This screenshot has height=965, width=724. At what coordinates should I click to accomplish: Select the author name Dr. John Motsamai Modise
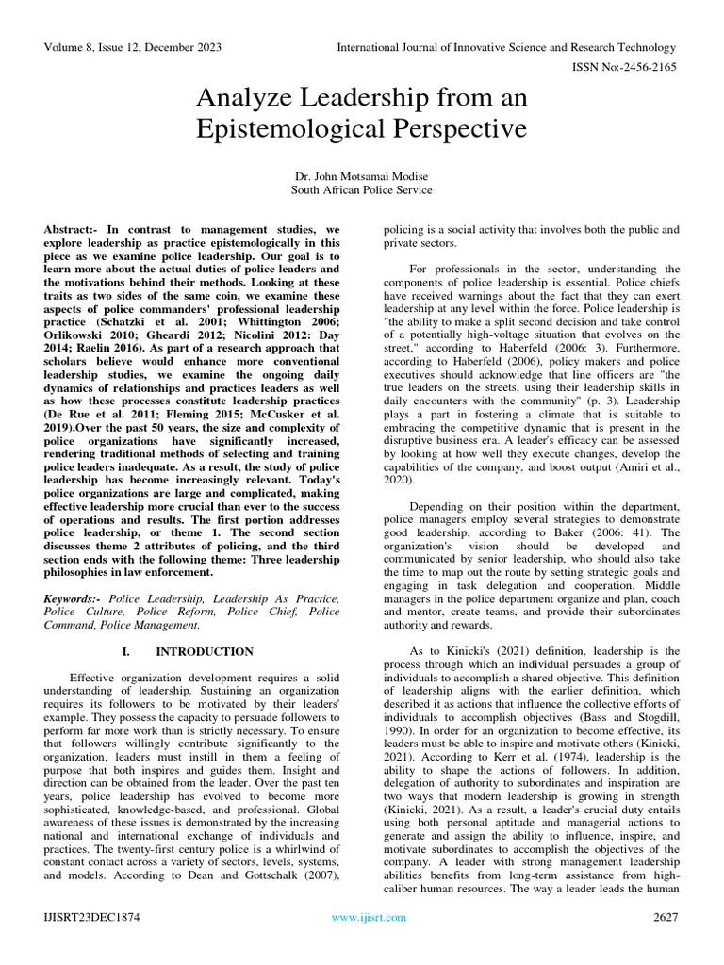point(361,175)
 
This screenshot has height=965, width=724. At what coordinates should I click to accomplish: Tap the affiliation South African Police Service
point(361,189)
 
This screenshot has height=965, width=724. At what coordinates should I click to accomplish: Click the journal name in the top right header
point(506,47)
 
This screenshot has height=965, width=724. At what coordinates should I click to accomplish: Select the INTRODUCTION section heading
point(205,651)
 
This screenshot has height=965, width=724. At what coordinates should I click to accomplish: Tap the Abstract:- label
point(73,229)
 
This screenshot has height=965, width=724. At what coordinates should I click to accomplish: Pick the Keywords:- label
point(74,597)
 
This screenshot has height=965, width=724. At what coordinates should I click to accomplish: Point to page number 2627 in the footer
point(666,917)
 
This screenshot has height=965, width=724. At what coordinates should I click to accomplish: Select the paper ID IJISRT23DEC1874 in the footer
point(91,917)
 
